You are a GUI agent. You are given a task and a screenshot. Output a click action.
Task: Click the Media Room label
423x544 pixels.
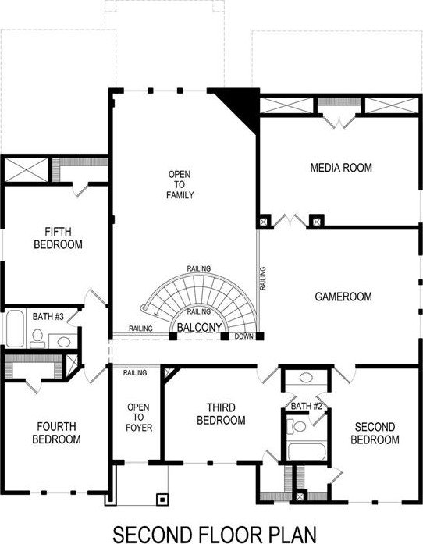[x=341, y=168]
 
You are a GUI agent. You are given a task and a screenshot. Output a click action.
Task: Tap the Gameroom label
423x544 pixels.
[x=343, y=297]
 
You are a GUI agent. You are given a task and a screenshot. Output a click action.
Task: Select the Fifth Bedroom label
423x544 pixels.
[x=59, y=238]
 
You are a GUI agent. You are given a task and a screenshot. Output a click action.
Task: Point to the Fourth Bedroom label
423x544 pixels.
[x=56, y=433]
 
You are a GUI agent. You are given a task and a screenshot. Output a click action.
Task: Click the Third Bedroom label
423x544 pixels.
[x=221, y=414]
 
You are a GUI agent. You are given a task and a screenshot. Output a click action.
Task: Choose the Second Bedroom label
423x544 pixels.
[x=375, y=433]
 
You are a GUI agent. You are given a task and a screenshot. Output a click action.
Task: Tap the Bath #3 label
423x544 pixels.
[x=48, y=317]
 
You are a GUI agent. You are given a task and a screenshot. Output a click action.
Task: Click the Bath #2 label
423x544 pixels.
[x=307, y=407]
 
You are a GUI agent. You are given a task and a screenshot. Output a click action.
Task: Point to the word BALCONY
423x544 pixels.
[x=199, y=327]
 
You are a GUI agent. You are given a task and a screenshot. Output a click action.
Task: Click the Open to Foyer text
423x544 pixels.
[x=139, y=418]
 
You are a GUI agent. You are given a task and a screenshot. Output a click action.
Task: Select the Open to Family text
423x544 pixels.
[x=180, y=184]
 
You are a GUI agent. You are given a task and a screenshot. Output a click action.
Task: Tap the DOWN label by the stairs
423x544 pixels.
[x=244, y=336]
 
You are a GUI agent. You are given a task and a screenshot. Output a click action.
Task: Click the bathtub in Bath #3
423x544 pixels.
[x=15, y=329]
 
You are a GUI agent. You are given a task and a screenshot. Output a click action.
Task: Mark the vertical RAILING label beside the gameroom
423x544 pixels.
[x=263, y=279]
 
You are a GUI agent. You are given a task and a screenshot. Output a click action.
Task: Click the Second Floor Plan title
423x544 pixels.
[x=215, y=535]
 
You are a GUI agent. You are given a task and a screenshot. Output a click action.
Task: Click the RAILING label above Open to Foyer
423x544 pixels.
[x=135, y=373]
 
